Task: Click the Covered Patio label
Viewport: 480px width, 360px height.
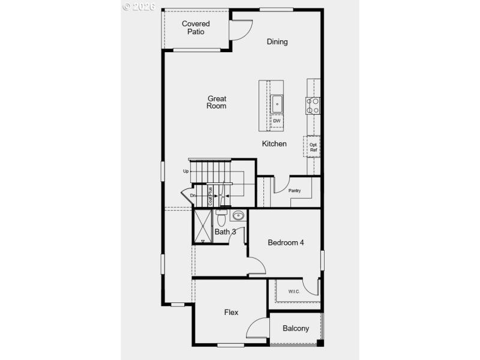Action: point(196,28)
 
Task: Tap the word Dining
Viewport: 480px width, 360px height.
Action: point(277,41)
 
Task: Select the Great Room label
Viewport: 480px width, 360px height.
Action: point(217,102)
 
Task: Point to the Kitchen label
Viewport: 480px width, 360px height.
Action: point(274,144)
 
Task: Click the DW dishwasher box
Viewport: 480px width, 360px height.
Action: point(277,121)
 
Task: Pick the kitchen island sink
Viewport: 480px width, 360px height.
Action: point(277,104)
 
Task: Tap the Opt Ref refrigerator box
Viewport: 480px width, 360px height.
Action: point(313,147)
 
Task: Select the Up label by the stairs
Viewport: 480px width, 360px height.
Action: point(186,171)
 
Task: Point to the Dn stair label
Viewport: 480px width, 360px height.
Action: point(193,196)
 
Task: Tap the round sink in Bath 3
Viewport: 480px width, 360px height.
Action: point(238,216)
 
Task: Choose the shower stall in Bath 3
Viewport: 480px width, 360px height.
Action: point(203,226)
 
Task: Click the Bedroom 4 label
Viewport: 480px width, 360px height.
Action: point(286,243)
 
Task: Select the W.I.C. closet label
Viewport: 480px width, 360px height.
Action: point(293,292)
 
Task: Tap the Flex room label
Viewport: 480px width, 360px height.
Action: point(231,313)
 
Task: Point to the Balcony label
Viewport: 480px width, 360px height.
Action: point(296,328)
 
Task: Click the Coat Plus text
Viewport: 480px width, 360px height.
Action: point(211,196)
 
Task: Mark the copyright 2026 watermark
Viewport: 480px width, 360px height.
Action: point(139,7)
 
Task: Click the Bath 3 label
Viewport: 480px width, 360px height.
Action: point(225,232)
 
